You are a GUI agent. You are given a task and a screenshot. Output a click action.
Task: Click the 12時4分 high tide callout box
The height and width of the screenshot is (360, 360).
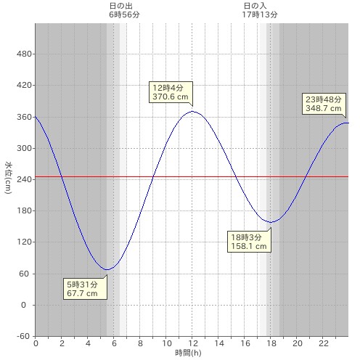click(x=171, y=92)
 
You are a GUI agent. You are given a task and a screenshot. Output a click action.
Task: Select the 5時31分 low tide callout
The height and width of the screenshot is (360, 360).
click(x=85, y=289)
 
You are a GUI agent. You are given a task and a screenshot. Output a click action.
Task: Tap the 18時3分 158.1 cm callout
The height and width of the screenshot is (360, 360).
click(x=249, y=242)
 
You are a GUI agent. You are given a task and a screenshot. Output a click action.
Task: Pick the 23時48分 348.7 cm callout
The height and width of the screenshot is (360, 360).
click(x=324, y=104)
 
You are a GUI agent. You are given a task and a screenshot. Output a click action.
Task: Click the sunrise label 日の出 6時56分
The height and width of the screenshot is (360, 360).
click(x=124, y=10)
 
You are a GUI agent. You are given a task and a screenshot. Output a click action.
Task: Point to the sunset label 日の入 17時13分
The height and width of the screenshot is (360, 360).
click(x=260, y=10)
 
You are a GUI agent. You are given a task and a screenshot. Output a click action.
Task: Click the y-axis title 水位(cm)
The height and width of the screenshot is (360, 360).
click(x=8, y=177)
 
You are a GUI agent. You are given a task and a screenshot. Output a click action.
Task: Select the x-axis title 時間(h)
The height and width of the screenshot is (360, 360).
click(x=188, y=353)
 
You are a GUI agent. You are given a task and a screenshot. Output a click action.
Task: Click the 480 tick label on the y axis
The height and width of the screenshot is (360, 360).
click(x=24, y=54)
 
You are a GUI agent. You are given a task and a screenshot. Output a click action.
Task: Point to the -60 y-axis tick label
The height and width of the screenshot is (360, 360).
click(x=23, y=336)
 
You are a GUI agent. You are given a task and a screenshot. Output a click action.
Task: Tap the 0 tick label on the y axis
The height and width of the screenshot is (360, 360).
click(x=23, y=305)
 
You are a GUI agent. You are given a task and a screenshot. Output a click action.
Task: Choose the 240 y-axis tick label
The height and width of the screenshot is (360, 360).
click(x=24, y=179)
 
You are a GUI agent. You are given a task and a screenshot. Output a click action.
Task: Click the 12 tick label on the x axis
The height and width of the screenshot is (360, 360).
click(x=193, y=343)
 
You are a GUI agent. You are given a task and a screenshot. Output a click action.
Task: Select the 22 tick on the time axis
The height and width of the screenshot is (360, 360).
click(x=324, y=343)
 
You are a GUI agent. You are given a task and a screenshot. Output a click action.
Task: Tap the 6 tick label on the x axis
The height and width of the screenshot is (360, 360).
click(x=114, y=343)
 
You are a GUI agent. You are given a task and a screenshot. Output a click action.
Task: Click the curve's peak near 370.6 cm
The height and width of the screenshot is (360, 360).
click(x=192, y=111)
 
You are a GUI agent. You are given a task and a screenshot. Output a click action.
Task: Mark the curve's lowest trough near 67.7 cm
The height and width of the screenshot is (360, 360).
click(x=107, y=269)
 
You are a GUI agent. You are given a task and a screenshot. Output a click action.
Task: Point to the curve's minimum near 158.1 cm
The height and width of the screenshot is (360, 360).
click(x=271, y=222)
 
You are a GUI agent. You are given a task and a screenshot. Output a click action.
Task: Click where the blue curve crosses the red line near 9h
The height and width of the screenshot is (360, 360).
click(x=152, y=176)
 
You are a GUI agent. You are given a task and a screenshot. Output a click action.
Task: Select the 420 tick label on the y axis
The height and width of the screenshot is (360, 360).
click(x=24, y=85)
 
